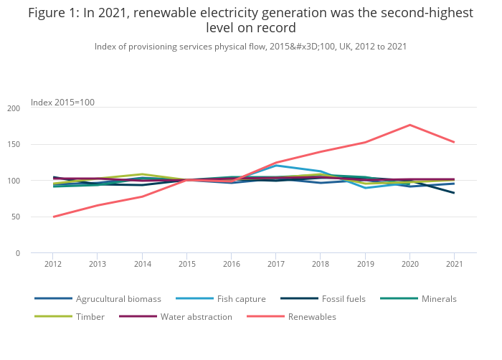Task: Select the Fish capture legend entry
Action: coord(241,298)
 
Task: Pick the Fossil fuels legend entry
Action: coord(344,298)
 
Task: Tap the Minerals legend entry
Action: coord(437,298)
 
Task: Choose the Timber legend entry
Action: coord(90,316)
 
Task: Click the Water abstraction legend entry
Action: coord(196,316)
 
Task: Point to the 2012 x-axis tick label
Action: coord(53,264)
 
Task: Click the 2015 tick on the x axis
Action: coord(186,264)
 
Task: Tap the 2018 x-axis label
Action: coord(320,264)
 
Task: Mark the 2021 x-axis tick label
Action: coord(454,264)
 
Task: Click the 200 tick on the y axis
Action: coord(14,108)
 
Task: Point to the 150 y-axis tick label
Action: coord(14,145)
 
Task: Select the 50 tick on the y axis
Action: coord(16,217)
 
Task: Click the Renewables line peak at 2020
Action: coord(409,125)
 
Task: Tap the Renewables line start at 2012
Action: coord(53,217)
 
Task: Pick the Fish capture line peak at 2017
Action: coord(276,166)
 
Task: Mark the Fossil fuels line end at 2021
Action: coord(454,193)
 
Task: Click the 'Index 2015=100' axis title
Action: coord(62,103)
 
